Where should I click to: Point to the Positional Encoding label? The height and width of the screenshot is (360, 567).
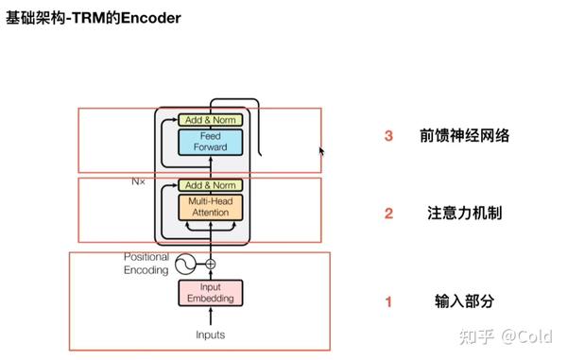(146, 263)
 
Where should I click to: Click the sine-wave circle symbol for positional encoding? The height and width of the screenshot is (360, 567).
(187, 265)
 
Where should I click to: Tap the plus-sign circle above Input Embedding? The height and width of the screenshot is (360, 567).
(211, 265)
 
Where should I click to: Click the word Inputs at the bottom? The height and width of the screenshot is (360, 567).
(210, 334)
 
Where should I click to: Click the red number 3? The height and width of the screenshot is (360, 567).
(388, 136)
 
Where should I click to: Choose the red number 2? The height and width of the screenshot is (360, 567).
(388, 214)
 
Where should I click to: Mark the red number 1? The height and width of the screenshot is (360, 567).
(387, 302)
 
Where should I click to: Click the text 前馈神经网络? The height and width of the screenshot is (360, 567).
(465, 136)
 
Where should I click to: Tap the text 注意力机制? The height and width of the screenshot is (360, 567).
(464, 214)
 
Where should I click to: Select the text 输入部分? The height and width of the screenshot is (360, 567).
(464, 302)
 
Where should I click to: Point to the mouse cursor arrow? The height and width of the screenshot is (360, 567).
(321, 150)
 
